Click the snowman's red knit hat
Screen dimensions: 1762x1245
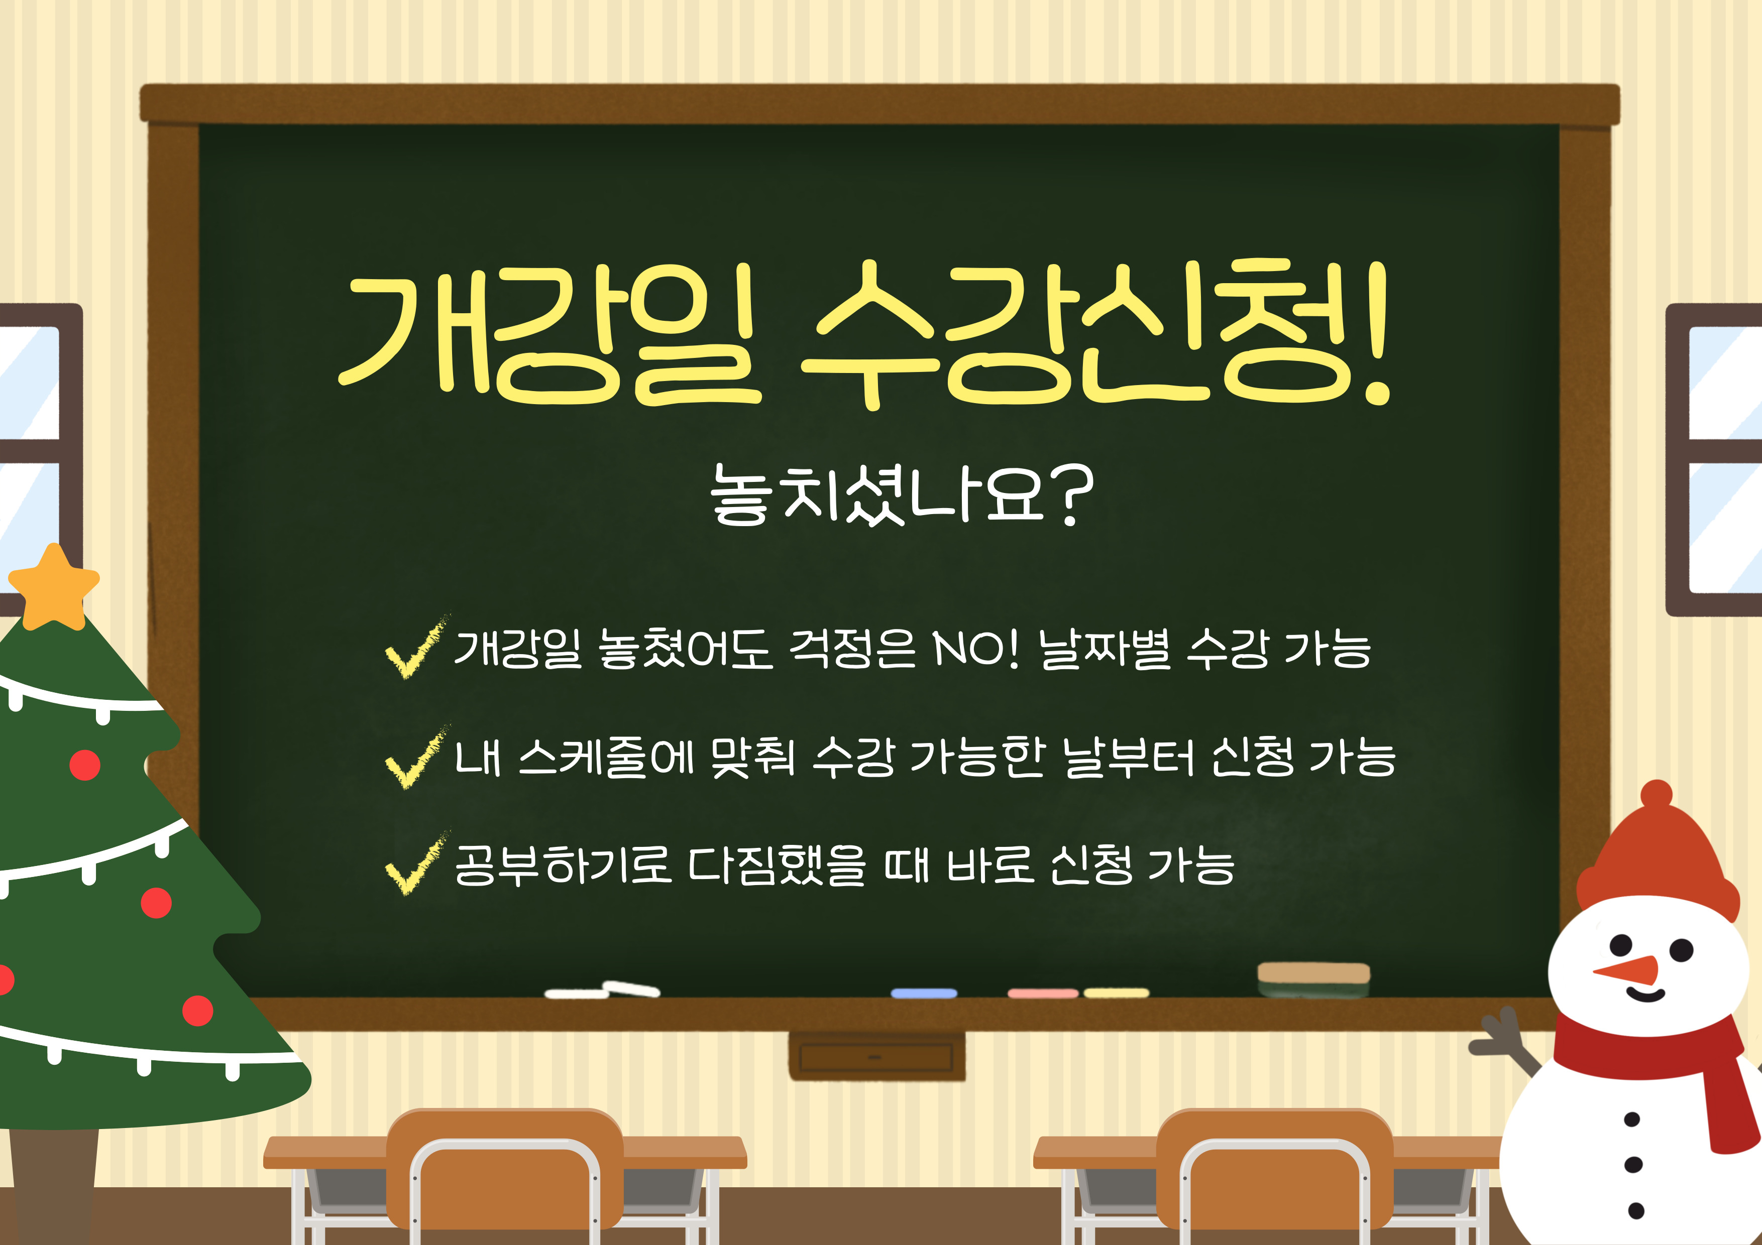[x=1657, y=855]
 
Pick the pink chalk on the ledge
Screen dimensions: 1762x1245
[x=1043, y=993]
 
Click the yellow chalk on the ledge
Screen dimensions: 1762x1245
[x=1117, y=992]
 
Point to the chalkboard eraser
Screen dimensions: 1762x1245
[x=1313, y=979]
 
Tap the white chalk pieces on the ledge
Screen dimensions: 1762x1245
[x=602, y=990]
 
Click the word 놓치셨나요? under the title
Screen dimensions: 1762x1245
[x=902, y=495]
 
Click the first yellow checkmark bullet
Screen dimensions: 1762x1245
[x=417, y=648]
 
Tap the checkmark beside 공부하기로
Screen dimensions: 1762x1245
[x=417, y=864]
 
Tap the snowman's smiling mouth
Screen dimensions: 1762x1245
[x=1645, y=995]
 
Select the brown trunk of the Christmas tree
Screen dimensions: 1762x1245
[x=54, y=1185]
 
